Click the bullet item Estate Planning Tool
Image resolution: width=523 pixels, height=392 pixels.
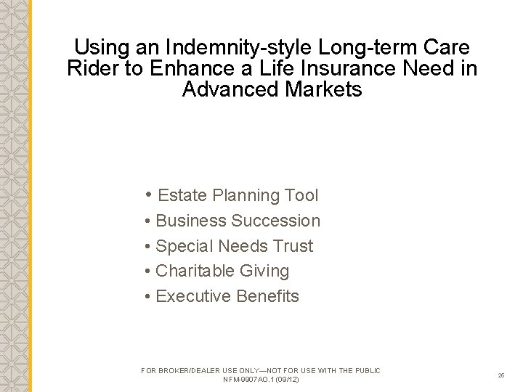tap(238, 195)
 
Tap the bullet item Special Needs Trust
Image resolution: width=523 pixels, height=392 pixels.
tap(234, 246)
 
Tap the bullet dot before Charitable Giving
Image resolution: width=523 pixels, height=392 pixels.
tap(147, 271)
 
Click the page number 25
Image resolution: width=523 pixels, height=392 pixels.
tap(501, 375)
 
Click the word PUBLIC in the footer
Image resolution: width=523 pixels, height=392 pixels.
tap(366, 370)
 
